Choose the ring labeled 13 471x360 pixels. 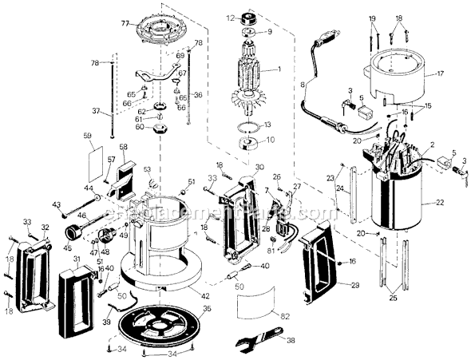[250, 126]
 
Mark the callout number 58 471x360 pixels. [123, 148]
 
